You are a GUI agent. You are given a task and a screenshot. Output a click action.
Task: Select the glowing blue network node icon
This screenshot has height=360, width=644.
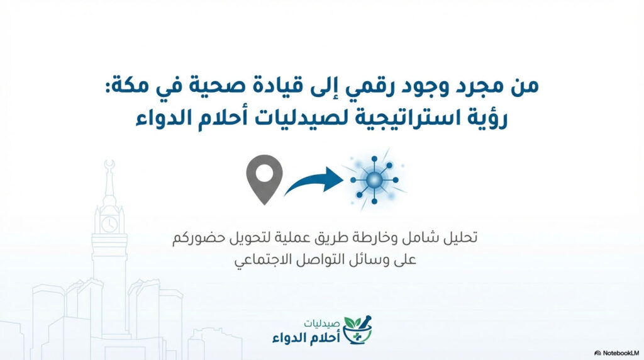(x=374, y=180)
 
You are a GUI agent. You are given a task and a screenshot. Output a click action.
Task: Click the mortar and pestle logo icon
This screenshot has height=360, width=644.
(x=358, y=330)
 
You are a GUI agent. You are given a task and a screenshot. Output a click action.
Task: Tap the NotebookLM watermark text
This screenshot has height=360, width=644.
(x=618, y=353)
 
